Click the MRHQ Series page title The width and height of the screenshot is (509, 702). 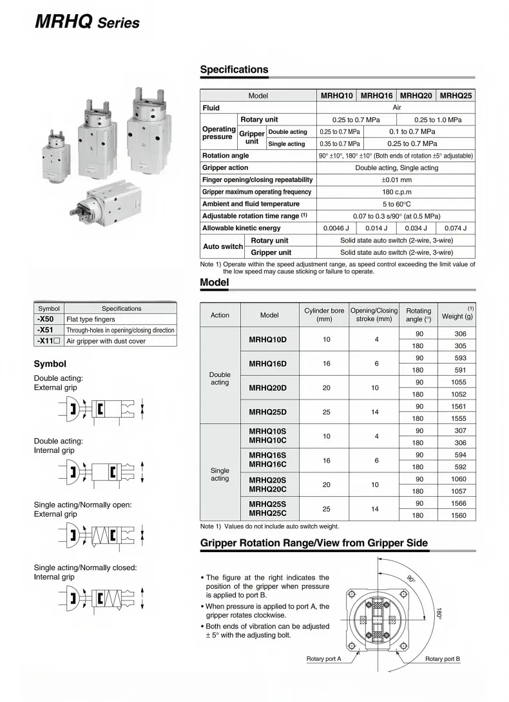click(x=86, y=22)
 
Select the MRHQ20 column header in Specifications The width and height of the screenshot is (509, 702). click(x=416, y=95)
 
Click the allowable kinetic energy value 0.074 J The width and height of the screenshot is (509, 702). click(x=456, y=228)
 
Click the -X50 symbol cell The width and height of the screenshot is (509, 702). click(x=49, y=319)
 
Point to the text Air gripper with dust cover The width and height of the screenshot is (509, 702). click(x=106, y=341)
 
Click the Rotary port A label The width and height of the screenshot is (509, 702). click(x=323, y=659)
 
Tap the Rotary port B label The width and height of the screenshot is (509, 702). click(x=443, y=659)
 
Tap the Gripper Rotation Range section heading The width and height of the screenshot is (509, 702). click(x=314, y=543)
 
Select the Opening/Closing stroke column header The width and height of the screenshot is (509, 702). click(x=374, y=315)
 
